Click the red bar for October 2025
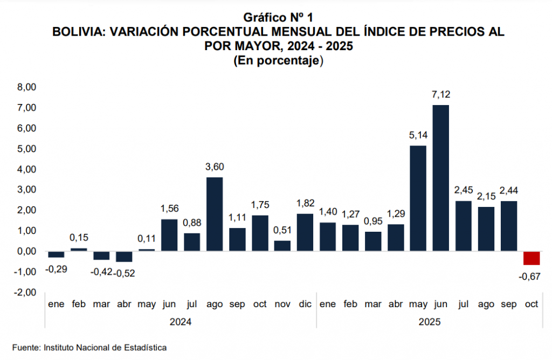pos(532,258)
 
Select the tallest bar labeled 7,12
pos(440,178)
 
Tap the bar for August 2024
pos(215,214)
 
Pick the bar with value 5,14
pos(418,198)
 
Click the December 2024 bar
pos(305,232)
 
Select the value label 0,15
pos(79,237)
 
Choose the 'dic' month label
pos(305,304)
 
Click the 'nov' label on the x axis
pos(282,304)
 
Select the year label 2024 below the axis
pos(181,322)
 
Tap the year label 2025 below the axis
pos(429,322)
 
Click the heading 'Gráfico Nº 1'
pos(278,18)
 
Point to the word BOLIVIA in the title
pos(78,32)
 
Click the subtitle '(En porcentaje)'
pos(278,61)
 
